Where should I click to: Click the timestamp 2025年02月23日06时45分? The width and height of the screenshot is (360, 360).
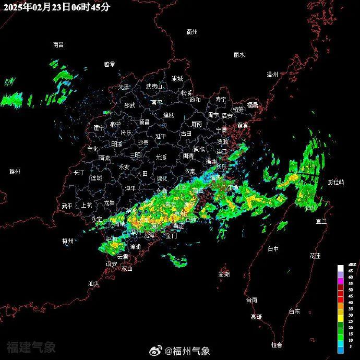click(x=56, y=7)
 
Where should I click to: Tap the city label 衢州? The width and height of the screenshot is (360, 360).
click(x=193, y=32)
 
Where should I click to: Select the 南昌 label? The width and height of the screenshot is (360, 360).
click(x=58, y=45)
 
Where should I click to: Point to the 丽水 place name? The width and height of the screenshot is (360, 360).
click(x=239, y=55)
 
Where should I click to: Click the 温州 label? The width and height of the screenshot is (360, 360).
click(x=272, y=75)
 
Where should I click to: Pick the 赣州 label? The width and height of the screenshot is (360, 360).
click(x=15, y=172)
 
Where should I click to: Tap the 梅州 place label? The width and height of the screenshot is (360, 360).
click(x=68, y=241)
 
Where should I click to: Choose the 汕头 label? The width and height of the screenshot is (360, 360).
click(x=93, y=284)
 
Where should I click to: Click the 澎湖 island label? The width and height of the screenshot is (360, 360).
click(x=223, y=274)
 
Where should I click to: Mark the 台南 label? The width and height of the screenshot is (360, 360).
click(x=251, y=300)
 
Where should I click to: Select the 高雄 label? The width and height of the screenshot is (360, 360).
click(x=256, y=317)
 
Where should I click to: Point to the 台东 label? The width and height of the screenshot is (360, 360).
click(x=295, y=311)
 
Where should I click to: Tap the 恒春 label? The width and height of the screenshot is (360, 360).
click(x=277, y=345)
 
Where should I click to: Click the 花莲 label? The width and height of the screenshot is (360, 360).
click(x=315, y=256)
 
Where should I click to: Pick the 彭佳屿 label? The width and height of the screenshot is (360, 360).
click(x=336, y=182)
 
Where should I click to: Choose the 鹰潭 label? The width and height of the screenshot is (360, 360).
click(x=109, y=64)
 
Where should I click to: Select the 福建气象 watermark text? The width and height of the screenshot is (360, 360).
click(x=31, y=347)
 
